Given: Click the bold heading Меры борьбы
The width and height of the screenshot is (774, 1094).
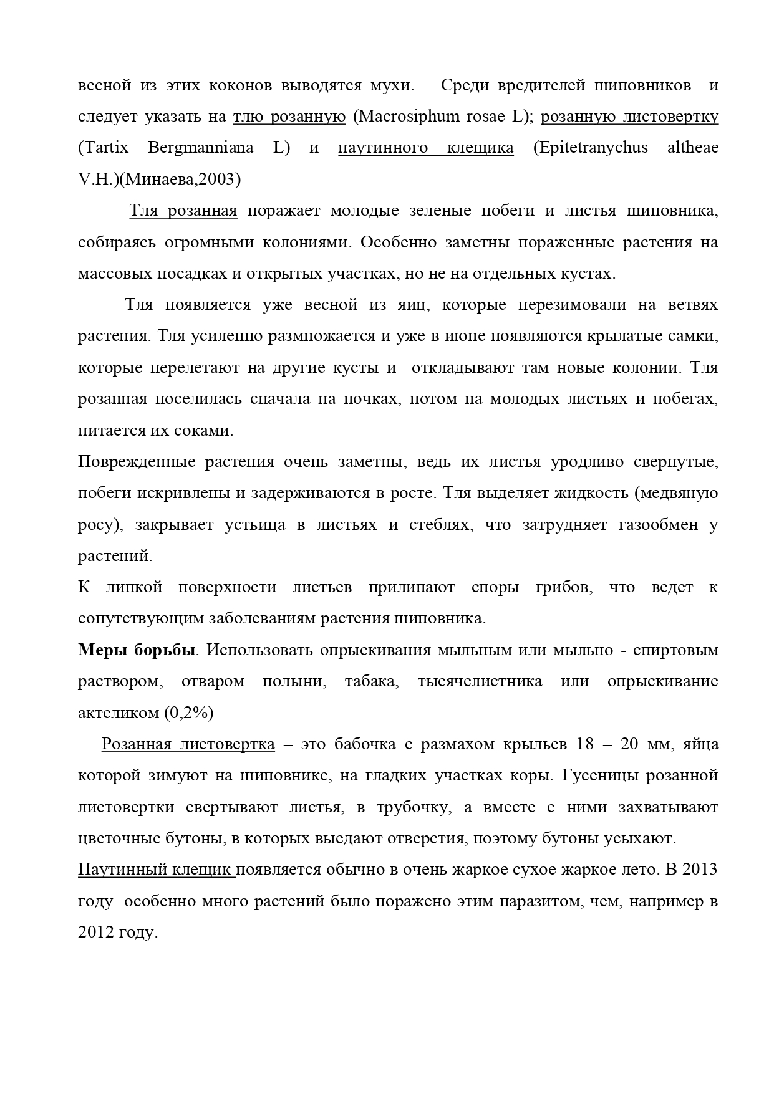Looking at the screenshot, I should (x=137, y=650).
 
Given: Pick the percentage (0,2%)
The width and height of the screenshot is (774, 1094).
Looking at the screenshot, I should (x=188, y=713).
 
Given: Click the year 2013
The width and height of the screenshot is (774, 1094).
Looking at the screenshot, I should (x=700, y=870).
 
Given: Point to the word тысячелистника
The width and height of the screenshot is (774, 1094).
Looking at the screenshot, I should (x=480, y=681).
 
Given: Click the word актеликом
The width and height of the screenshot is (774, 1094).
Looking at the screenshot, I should (x=119, y=713).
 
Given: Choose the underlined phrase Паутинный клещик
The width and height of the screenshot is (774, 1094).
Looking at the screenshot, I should (x=155, y=870).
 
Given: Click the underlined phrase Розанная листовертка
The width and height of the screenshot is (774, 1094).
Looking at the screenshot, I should (x=188, y=744).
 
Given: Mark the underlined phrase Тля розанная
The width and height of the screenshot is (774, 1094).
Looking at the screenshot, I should (x=183, y=211).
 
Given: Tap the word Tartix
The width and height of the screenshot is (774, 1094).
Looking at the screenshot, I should (x=104, y=148).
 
